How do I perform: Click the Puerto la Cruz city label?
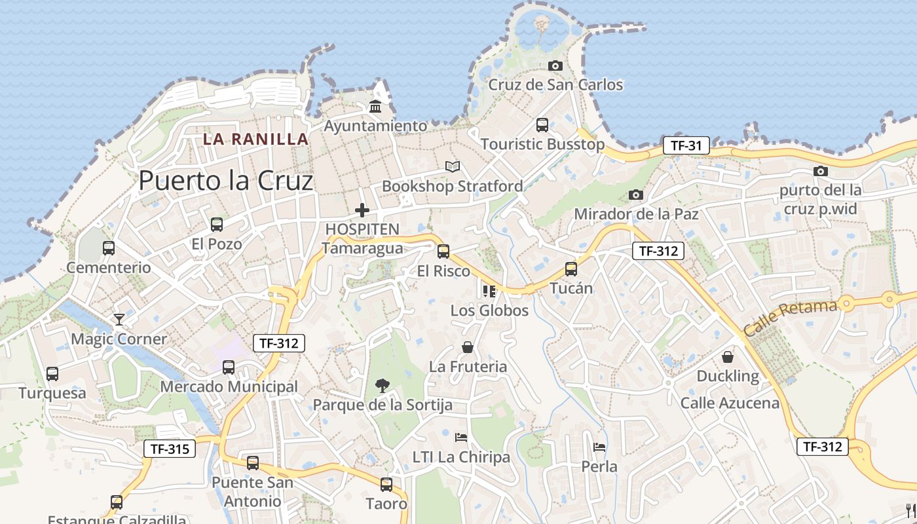pos(226,181)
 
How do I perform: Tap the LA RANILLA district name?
pos(255,139)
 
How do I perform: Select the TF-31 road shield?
pos(686,145)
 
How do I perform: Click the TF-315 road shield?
pos(170,449)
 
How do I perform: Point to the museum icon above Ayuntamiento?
pos(375,106)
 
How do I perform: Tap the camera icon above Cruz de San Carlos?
pos(555,65)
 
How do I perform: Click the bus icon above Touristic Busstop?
pos(542,124)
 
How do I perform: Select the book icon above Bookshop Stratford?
pos(453,166)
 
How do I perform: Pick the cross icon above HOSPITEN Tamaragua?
pos(362,210)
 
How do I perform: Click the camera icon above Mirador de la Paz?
pos(635,195)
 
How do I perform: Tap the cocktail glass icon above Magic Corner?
pos(119,319)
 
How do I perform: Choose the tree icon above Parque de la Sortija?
pos(382,385)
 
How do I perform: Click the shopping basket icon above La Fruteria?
pos(468,346)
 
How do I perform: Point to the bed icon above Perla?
pos(599,447)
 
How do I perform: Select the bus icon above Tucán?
pos(571,269)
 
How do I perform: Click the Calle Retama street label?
pos(791,318)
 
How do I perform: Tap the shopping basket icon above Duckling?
pos(727,356)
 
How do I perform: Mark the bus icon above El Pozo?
pos(216,224)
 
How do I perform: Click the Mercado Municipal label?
pos(229,386)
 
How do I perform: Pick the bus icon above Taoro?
pos(386,485)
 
